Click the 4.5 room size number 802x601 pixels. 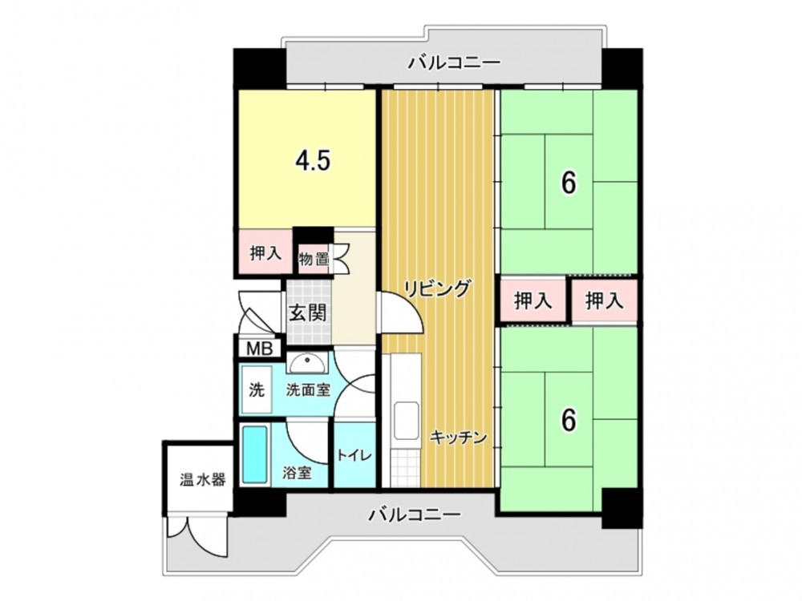pyautogui.click(x=313, y=162)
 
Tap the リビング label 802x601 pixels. pyautogui.click(x=437, y=288)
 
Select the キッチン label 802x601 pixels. pyautogui.click(x=458, y=438)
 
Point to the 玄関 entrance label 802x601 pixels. pyautogui.click(x=308, y=312)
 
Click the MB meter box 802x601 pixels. pyautogui.click(x=260, y=349)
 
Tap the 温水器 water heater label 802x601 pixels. pyautogui.click(x=203, y=479)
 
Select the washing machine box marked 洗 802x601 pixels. pyautogui.click(x=257, y=390)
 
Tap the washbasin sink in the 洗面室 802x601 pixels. pyautogui.click(x=306, y=363)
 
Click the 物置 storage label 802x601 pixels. pyautogui.click(x=314, y=259)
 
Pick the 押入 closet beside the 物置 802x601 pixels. pyautogui.click(x=264, y=252)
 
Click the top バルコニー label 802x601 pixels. pyautogui.click(x=454, y=63)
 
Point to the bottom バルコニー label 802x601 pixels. pyautogui.click(x=415, y=514)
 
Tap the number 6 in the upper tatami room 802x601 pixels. pyautogui.click(x=569, y=183)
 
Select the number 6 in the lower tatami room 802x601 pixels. pyautogui.click(x=569, y=420)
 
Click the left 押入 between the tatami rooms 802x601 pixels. pyautogui.click(x=533, y=300)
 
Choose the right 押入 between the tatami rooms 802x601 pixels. pyautogui.click(x=605, y=300)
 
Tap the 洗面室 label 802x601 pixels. pyautogui.click(x=307, y=390)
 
